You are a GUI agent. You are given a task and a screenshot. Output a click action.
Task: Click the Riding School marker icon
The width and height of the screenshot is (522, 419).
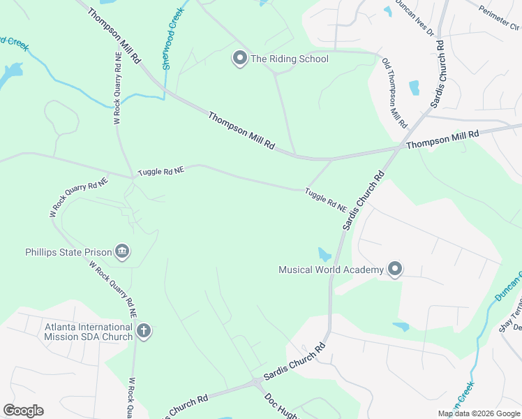240,59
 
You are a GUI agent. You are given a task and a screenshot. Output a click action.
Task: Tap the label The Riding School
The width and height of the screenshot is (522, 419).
289,59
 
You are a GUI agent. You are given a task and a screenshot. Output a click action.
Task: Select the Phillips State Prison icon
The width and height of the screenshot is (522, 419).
122,251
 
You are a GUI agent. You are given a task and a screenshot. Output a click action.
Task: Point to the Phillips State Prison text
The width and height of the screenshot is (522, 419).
68,252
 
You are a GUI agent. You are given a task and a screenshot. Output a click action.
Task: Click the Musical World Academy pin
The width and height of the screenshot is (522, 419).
395,269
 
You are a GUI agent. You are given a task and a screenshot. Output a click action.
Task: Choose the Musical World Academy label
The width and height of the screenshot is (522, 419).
331,270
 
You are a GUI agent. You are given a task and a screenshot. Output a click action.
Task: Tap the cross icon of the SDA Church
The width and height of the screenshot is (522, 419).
144,331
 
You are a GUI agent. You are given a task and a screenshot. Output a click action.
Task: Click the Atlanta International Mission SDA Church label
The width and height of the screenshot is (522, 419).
89,332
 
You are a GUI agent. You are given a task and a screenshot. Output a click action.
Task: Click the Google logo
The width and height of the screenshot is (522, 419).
23,411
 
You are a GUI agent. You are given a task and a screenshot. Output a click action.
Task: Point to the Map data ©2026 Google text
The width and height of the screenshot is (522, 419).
479,413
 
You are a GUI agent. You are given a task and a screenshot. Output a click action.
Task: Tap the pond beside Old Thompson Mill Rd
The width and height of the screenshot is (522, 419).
415,88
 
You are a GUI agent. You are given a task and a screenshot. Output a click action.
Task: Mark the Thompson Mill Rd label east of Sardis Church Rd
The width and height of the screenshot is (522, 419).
442,138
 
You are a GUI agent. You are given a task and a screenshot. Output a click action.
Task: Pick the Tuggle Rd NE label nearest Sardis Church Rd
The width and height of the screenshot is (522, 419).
325,199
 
